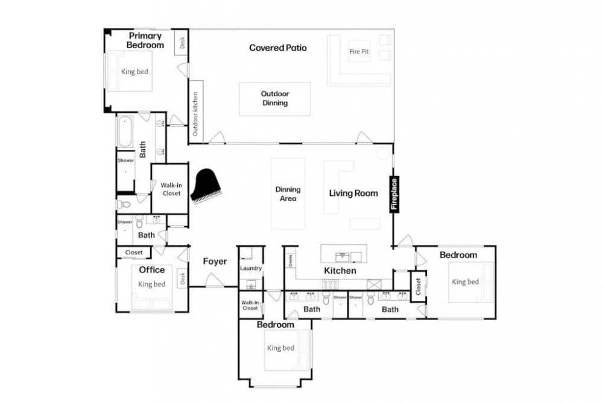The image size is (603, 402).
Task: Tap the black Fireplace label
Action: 394,194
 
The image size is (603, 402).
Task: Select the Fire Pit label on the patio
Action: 359,51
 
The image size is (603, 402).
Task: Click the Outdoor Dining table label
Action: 274,98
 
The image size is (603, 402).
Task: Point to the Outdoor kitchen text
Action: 195,114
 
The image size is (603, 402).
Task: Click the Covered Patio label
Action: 277,48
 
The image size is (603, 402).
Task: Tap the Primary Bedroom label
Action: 145,40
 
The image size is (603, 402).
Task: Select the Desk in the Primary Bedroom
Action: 182,42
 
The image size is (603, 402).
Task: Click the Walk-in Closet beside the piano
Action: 171,189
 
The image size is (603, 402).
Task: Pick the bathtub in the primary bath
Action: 125,131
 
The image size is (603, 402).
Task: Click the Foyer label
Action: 215,262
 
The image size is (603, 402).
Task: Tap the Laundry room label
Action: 251,268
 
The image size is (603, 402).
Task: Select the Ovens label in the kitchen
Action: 291,260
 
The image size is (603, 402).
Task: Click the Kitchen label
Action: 339,271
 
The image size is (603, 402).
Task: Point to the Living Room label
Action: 353,193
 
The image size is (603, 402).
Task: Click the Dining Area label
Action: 288,193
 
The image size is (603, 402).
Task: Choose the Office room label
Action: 151,270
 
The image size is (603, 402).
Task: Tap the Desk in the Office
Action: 183,278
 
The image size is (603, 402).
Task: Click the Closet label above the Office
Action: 134,253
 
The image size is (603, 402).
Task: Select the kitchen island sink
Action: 342,256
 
